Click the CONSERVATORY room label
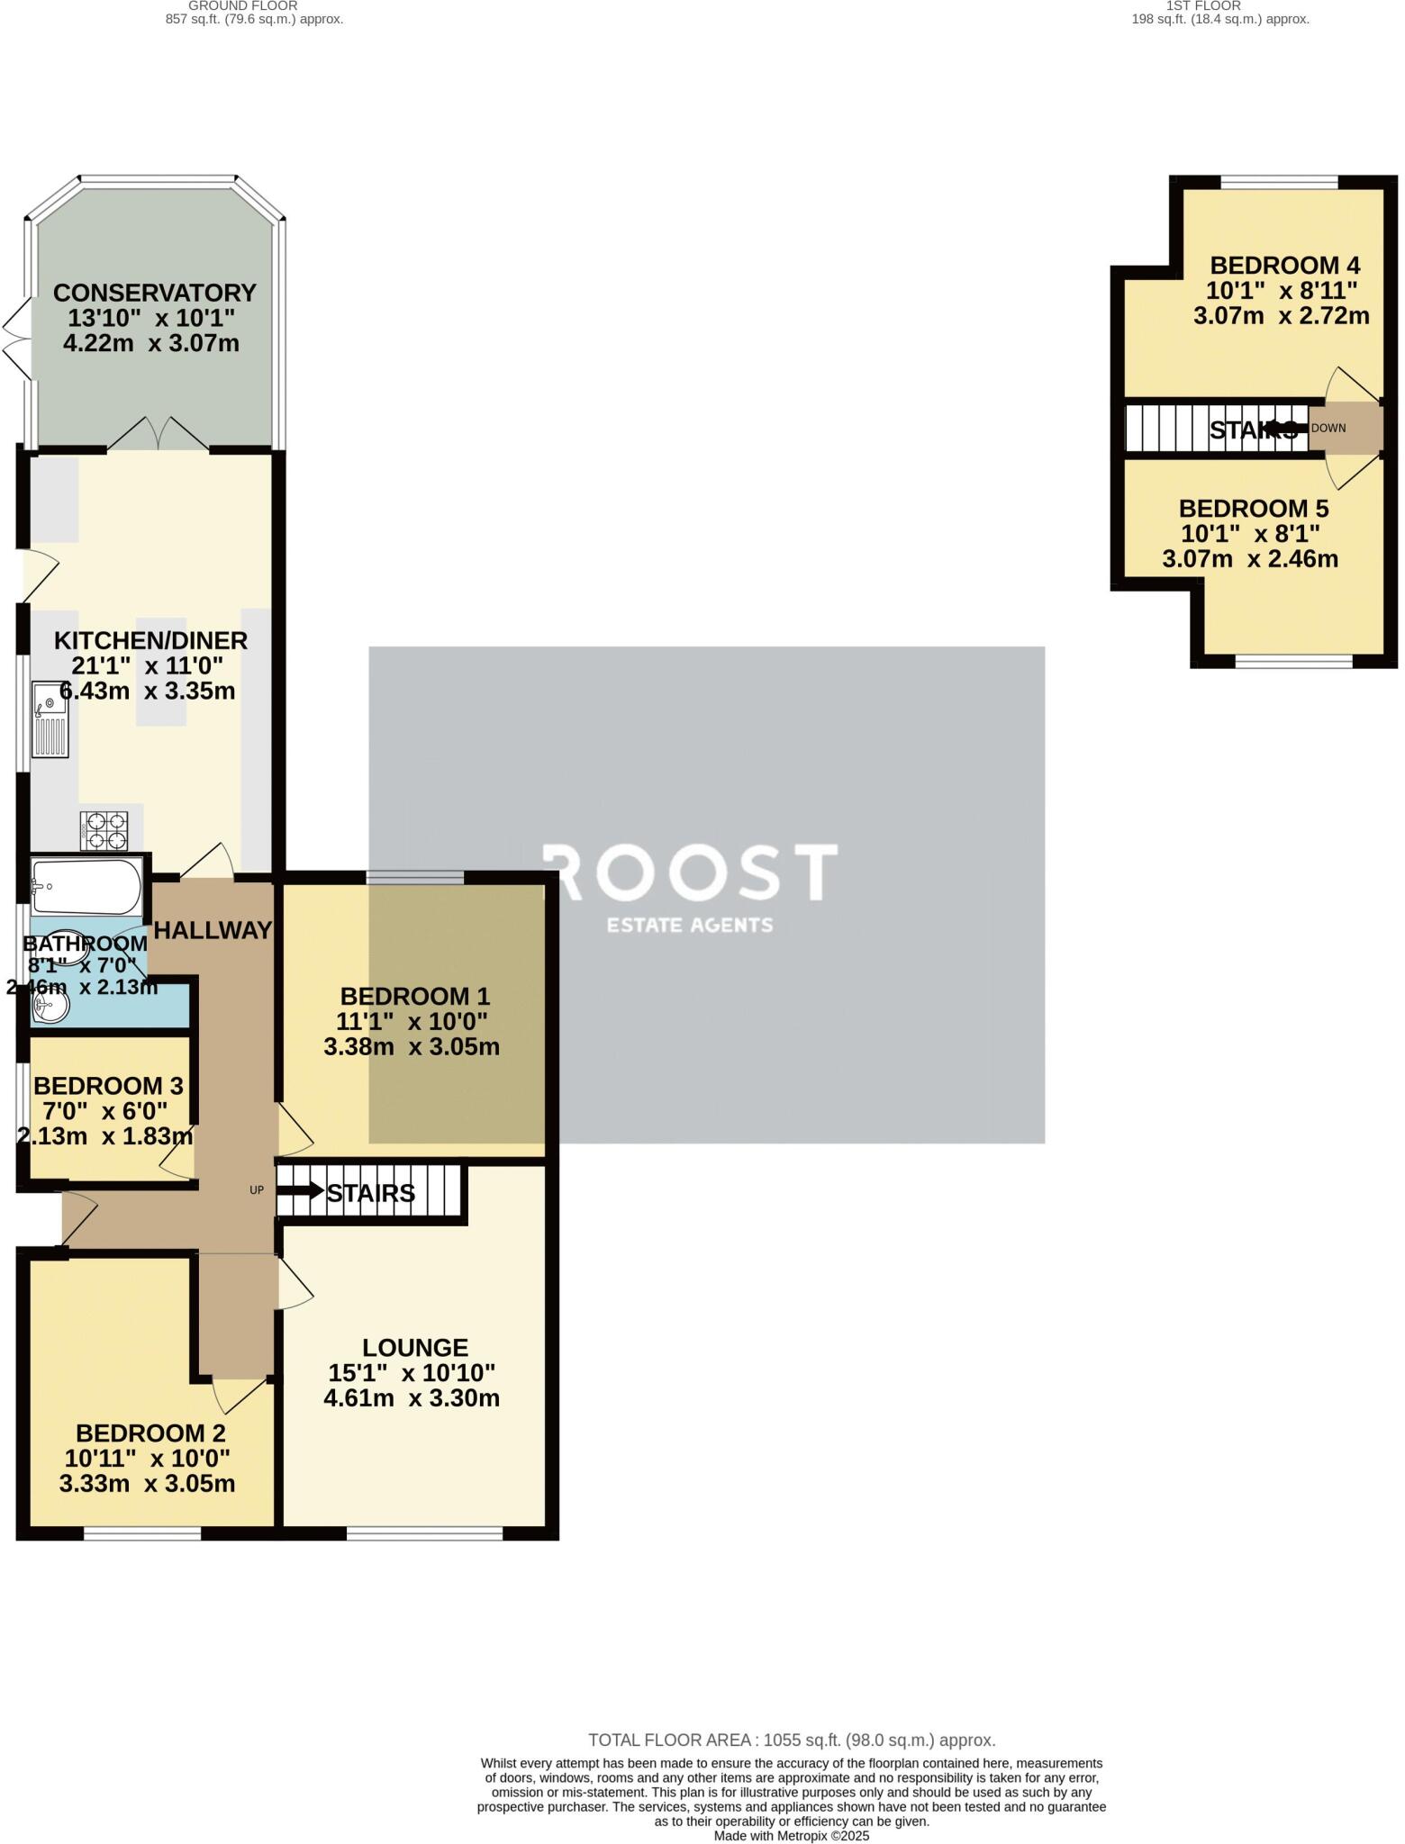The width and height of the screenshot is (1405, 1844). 154,294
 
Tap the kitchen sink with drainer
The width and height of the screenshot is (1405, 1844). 50,719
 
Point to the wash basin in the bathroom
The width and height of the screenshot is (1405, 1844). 50,1010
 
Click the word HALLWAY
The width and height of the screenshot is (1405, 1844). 213,931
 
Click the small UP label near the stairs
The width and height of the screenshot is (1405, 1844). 257,1190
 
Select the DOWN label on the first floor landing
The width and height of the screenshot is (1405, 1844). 1328,429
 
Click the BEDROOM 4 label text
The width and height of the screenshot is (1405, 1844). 1284,266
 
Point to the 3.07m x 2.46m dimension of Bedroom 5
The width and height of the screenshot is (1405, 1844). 1250,559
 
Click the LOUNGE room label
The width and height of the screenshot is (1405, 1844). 415,1348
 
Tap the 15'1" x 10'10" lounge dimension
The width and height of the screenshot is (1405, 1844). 412,1373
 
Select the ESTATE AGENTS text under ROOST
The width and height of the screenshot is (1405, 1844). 690,925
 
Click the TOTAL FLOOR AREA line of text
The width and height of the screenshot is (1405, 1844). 791,1740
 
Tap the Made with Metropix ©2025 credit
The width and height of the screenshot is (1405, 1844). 791,1836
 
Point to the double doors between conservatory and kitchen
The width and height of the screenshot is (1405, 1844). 159,434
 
